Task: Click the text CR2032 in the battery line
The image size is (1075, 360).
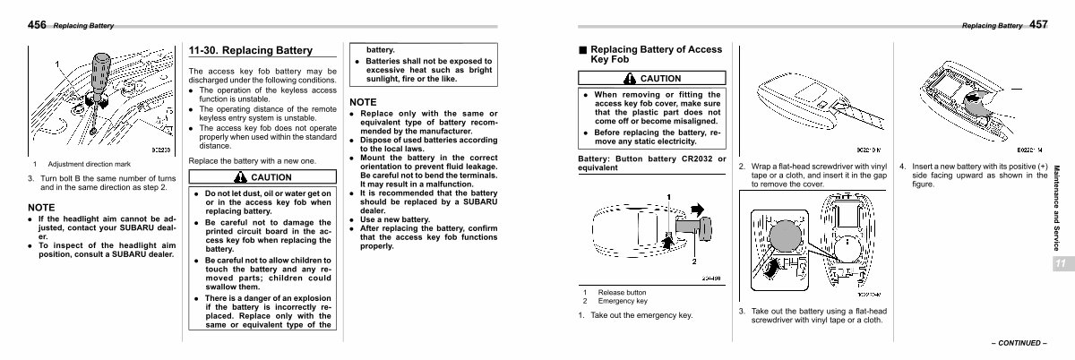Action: (x=691, y=159)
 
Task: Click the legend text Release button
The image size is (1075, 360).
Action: (x=623, y=292)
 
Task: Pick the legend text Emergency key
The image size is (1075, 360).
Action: (x=623, y=301)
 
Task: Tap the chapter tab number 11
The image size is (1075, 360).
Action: (x=1059, y=263)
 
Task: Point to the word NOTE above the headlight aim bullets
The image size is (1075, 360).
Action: (x=42, y=207)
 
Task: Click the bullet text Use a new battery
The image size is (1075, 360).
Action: (x=395, y=219)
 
